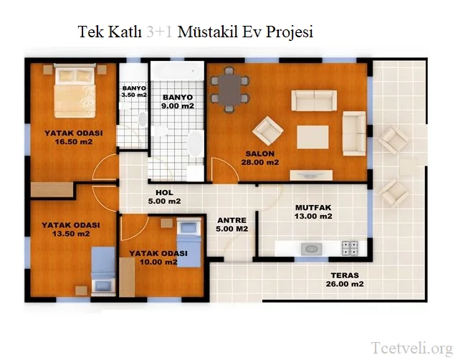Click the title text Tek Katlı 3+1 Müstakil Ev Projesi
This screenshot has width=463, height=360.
pos(195,33)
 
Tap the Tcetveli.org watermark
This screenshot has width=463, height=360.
pos(411,348)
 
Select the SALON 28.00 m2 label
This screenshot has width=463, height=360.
pos(262,158)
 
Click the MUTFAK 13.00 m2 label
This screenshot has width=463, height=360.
pos(313,212)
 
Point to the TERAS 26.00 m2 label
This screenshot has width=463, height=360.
pos(345,280)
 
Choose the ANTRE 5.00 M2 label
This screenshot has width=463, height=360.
pos(231,224)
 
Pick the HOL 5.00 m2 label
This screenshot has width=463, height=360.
pos(163,196)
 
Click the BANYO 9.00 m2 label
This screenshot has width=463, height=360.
pos(178,101)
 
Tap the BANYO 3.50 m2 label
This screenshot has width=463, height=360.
pos(133,91)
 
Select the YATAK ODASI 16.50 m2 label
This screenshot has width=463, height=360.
pos(72,137)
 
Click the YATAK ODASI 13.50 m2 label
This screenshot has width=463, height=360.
pos(70,229)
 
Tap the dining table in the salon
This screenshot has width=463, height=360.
pos(229,89)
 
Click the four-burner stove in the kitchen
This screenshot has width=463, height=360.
pos(350,248)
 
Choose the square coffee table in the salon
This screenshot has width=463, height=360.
pos(312,136)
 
